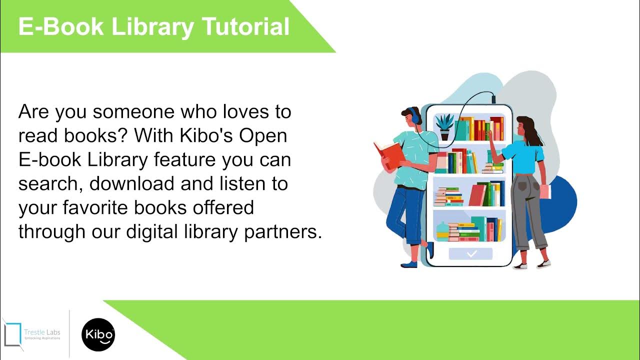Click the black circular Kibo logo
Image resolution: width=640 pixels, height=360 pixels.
(98, 334)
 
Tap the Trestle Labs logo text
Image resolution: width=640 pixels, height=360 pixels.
(42, 333)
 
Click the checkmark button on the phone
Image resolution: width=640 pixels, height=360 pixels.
(470, 254)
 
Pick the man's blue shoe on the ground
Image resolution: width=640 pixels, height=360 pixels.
(409, 264)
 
